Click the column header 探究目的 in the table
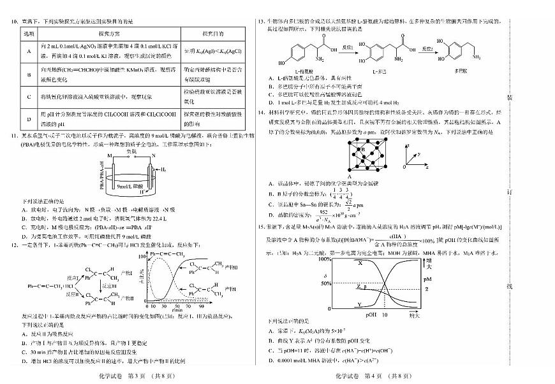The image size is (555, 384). pyautogui.click(x=211, y=32)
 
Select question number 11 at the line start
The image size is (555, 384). pyautogui.click(x=12, y=135)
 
